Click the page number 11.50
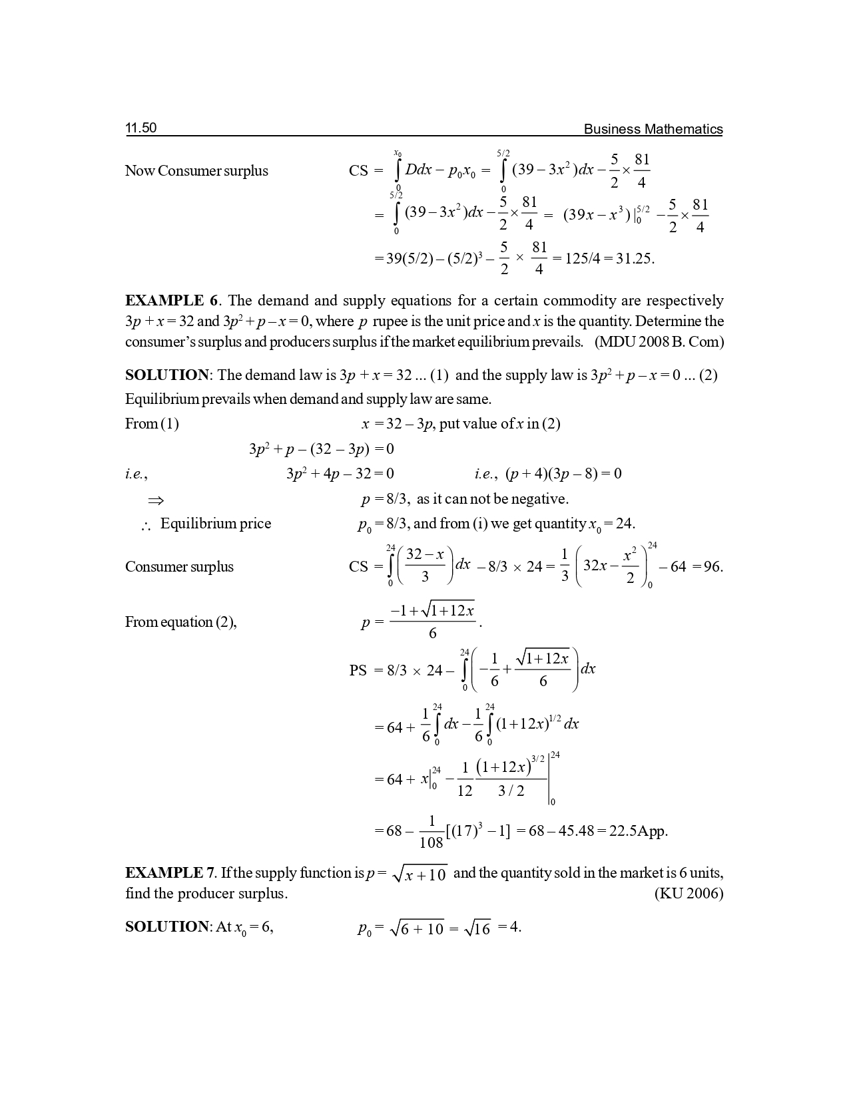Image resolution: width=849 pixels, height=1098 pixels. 141,128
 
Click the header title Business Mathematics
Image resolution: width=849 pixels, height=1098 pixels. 653,129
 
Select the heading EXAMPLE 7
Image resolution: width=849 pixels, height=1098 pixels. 170,872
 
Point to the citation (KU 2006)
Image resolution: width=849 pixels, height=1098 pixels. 689,893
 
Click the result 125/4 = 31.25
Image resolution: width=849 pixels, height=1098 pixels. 609,258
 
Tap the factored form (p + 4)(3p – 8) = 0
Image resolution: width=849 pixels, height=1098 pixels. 563,474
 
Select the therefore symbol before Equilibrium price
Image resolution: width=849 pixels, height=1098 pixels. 146,525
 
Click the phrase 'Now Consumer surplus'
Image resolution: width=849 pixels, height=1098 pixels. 196,171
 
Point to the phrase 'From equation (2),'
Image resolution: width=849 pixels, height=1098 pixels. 181,622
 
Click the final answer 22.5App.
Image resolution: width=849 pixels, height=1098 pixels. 638,831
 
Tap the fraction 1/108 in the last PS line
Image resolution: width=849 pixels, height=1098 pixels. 431,832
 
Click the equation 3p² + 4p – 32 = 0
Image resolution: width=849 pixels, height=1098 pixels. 340,474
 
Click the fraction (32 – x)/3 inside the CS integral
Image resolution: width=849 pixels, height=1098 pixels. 425,565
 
